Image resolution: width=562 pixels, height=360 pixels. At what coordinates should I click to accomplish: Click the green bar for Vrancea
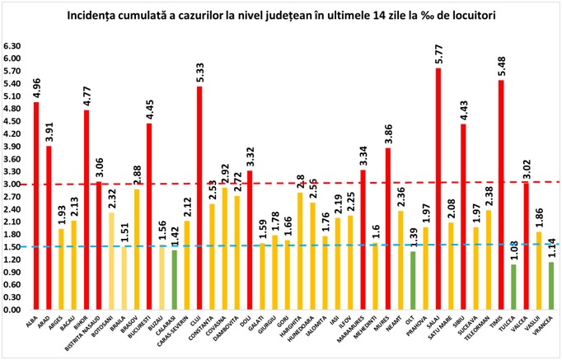coord(551,286)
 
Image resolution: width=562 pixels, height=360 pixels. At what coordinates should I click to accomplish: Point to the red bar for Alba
coord(36,206)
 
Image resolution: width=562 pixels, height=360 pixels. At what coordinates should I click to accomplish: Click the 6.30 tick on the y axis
coord(13,46)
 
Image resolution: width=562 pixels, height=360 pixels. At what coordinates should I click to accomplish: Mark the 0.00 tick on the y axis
coord(13,310)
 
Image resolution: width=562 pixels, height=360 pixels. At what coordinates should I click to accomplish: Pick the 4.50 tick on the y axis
coord(13,121)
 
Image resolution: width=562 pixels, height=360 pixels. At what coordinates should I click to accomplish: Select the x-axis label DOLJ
coord(248,323)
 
